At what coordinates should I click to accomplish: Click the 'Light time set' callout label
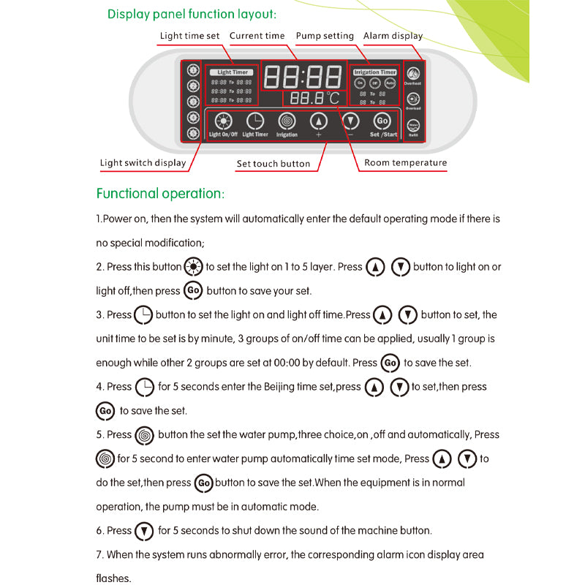coord(189,36)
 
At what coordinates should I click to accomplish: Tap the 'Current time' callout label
coord(257,36)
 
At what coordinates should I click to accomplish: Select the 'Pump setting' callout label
coord(325,36)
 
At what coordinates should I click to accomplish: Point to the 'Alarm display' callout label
coord(393,36)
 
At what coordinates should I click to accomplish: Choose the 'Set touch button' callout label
coord(273,164)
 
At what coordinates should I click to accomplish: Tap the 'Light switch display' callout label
coord(143,163)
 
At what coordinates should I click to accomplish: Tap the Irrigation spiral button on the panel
coord(287,122)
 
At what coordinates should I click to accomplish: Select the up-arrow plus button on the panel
coord(318,122)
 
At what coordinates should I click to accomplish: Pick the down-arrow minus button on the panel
coord(351,122)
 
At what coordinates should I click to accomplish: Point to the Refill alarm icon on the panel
coord(413,127)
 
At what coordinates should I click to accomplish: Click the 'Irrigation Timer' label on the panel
coord(374,72)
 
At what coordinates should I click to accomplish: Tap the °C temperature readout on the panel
coord(314,99)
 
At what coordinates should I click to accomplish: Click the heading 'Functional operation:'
coord(160,194)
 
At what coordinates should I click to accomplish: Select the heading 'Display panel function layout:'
coord(192,14)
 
